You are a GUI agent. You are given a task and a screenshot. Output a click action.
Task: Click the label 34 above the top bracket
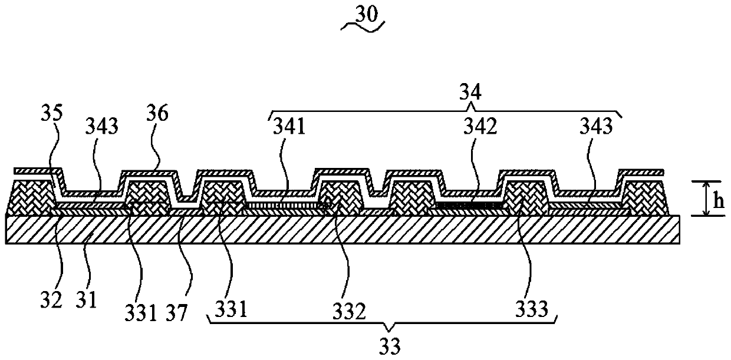pos(471,92)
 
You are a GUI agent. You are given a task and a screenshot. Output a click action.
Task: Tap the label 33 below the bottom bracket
pos(390,346)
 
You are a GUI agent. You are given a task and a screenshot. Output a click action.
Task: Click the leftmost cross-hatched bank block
pos(29,197)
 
